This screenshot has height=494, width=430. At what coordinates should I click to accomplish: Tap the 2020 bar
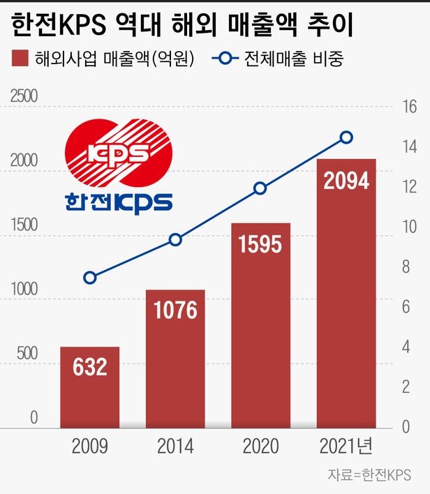[x=260, y=324]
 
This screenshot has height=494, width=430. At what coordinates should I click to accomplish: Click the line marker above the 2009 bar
[x=89, y=278]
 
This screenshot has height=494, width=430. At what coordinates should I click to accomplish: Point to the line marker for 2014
[x=175, y=240]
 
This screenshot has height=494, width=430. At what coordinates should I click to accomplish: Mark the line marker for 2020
[x=260, y=188]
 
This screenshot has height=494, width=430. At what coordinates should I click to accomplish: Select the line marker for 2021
[x=346, y=137]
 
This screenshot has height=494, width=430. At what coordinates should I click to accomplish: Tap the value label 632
[x=89, y=367]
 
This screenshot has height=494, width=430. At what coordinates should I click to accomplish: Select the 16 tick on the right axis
[x=408, y=107]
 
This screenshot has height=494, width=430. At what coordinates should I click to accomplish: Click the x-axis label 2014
[x=175, y=447]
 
